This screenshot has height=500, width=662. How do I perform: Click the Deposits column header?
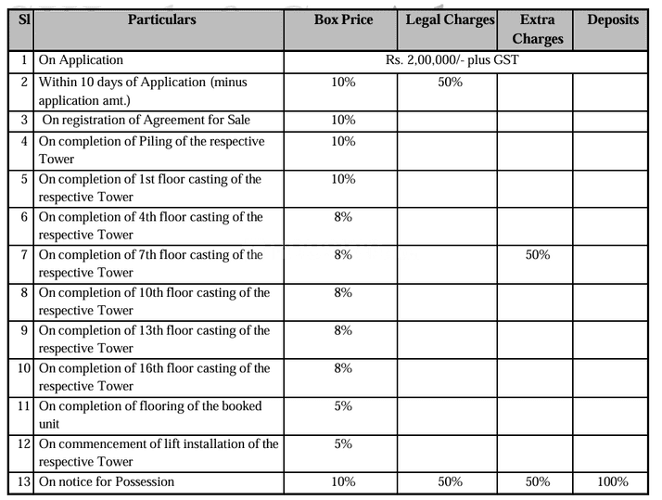tap(613, 20)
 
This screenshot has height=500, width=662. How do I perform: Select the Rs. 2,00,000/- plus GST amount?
tap(451, 59)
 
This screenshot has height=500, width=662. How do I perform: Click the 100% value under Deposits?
tap(613, 481)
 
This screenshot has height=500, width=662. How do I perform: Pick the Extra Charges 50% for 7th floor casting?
tap(537, 254)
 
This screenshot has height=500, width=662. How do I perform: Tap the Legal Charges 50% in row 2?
tap(449, 82)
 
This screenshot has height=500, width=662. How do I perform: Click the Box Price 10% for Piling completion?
tap(342, 141)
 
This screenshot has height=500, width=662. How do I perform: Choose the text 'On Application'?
tap(81, 59)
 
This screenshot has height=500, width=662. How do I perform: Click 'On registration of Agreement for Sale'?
tap(146, 120)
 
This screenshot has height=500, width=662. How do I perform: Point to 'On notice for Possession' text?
tap(107, 481)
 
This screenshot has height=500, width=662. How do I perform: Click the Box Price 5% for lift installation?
tap(342, 443)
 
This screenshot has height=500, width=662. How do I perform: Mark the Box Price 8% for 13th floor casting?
tap(342, 330)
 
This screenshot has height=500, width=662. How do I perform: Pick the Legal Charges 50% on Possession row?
tap(449, 481)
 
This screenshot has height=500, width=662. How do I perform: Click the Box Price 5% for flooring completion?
tap(342, 405)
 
